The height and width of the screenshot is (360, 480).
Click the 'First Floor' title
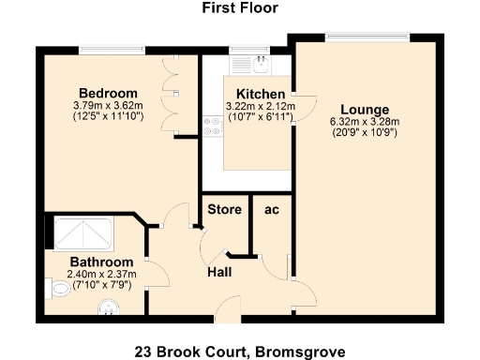[239, 8]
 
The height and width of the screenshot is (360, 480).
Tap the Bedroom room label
[108, 93]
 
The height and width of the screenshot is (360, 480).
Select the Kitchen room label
[260, 95]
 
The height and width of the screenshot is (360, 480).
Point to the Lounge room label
[364, 108]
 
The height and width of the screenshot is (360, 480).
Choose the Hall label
[219, 272]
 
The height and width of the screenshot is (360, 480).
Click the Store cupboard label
[224, 209]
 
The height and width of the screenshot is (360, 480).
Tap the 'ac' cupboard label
[273, 209]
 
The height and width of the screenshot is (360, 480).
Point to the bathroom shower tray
[84, 232]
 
